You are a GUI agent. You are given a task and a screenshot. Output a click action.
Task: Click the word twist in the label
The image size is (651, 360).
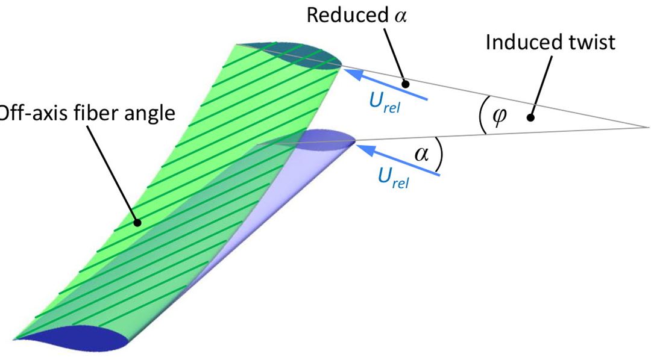click(x=591, y=43)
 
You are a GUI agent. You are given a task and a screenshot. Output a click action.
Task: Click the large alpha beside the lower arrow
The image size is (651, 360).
click(x=422, y=154)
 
